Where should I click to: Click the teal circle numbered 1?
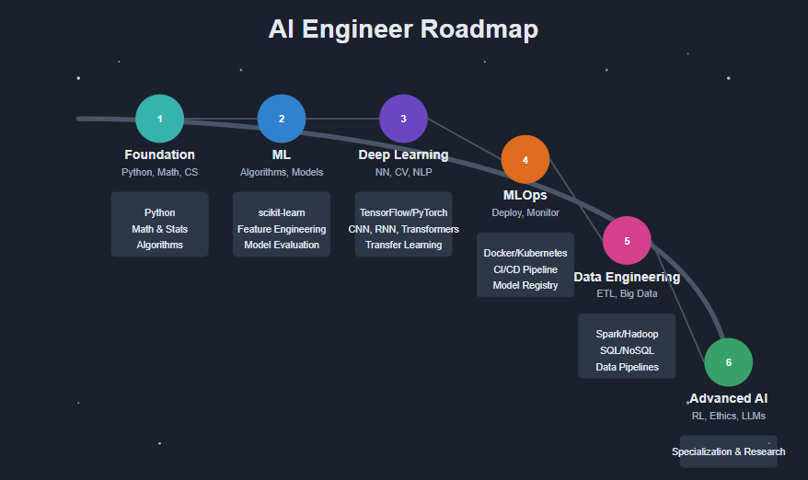159,119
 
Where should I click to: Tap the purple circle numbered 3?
403,119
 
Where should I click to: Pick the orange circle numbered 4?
525,159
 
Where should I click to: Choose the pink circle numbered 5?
627,240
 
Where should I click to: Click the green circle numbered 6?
728,362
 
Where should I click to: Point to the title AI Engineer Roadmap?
403,29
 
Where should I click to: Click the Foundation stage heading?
159,154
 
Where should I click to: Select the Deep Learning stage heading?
403,154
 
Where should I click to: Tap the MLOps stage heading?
525,196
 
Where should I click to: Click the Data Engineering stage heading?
627,277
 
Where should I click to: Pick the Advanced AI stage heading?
728,399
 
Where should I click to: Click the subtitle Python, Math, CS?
159,172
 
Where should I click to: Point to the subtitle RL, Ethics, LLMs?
728,416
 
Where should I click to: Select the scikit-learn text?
282,212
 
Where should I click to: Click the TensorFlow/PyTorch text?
403,212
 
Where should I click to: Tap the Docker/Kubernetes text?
525,253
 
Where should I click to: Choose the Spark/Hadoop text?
627,334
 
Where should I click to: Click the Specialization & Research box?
728,451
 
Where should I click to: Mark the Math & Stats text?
159,229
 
